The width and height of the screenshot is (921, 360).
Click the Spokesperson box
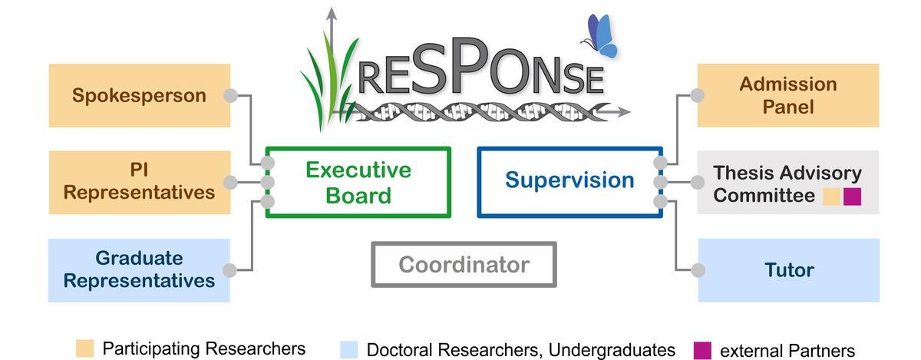click(x=139, y=96)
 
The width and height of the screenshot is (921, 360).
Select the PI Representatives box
click(x=139, y=182)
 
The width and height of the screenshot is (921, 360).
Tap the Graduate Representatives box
click(x=139, y=269)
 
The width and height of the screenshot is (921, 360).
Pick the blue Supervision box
click(x=569, y=181)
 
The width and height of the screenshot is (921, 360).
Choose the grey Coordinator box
click(x=464, y=266)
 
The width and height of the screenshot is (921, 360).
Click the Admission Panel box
click(x=788, y=95)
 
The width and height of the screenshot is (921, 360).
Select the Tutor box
click(x=788, y=270)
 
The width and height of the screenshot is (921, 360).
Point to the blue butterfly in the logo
click(x=601, y=35)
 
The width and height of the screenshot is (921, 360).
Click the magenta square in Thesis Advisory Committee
click(x=852, y=196)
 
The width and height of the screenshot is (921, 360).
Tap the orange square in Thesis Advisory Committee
click(x=831, y=196)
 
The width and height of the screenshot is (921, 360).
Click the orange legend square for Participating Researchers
click(x=85, y=348)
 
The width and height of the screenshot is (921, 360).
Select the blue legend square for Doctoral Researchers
click(x=349, y=348)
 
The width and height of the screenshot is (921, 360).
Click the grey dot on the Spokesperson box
click(x=229, y=96)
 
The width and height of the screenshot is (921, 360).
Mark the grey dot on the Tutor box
click(x=698, y=270)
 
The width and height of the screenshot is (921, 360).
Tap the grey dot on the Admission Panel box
click(x=698, y=96)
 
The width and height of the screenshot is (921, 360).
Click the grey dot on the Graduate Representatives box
click(x=229, y=269)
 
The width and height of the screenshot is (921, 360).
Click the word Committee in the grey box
click(x=764, y=196)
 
